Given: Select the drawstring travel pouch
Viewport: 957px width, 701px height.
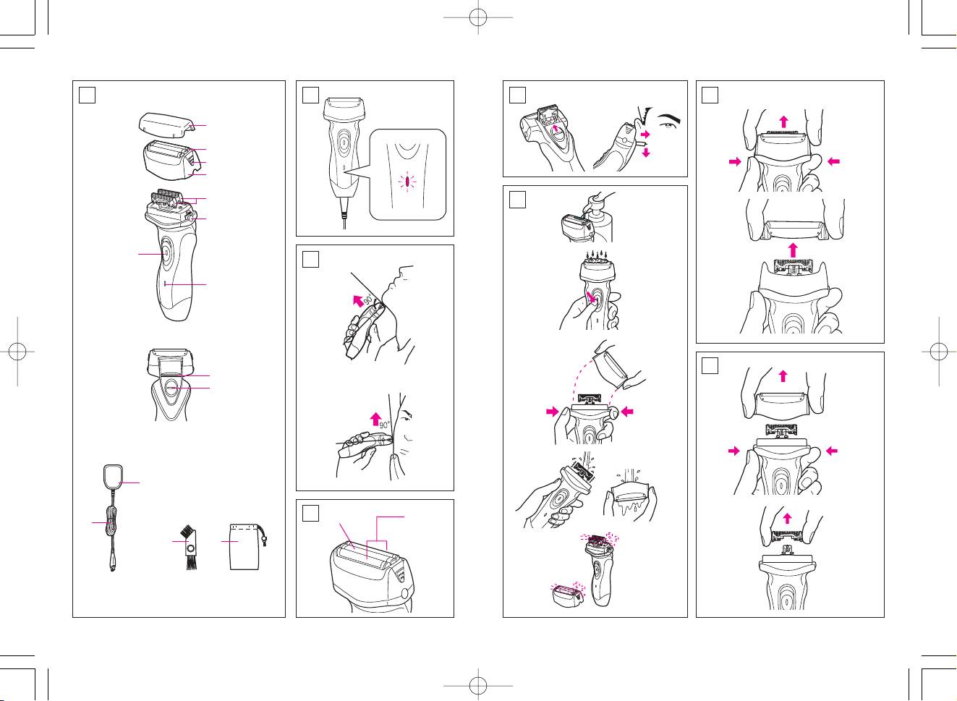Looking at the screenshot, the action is coord(242,547).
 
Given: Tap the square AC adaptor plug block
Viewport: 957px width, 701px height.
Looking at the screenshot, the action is coord(114,477).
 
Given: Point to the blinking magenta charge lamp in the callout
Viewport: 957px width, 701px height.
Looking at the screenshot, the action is coord(407,182).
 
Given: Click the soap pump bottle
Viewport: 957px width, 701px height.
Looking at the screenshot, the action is coord(600,218).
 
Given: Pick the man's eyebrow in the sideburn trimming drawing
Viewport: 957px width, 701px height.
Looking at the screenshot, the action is coord(670,119).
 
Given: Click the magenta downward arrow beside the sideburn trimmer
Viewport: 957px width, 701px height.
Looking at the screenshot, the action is coord(646,152).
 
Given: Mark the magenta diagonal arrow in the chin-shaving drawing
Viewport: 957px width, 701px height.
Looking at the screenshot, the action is coord(357,300).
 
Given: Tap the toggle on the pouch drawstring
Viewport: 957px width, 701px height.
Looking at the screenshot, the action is coord(265,541).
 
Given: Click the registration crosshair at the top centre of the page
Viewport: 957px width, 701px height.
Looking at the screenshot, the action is coord(478,17).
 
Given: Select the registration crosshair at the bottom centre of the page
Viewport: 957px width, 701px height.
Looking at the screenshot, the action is coord(478,686).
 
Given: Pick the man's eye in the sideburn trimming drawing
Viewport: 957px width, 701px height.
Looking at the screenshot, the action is coord(668,127).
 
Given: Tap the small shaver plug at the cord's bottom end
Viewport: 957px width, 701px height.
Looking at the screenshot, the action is coord(112,567).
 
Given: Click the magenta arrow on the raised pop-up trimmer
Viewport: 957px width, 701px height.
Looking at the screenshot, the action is coord(555,127).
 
